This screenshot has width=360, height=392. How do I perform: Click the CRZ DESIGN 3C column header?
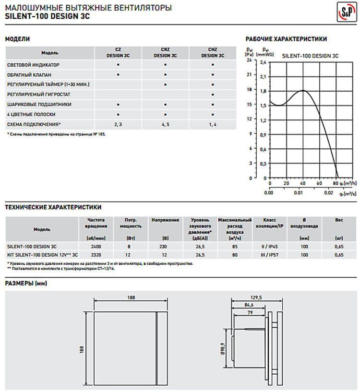click(165, 52)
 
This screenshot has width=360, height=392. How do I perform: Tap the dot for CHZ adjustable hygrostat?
click(212, 94)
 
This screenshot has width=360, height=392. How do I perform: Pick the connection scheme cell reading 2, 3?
click(118, 124)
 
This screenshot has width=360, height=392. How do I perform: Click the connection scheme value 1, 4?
click(212, 124)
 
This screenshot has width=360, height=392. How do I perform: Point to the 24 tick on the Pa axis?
click(249, 60)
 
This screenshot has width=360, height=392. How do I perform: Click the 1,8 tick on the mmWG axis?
click(263, 90)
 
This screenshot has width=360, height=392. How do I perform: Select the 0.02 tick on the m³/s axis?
click(328, 193)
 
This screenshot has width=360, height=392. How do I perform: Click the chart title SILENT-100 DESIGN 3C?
click(310, 56)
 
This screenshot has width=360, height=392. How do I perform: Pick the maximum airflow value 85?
click(235, 246)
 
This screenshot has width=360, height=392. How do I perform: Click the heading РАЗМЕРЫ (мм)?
click(26, 283)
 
